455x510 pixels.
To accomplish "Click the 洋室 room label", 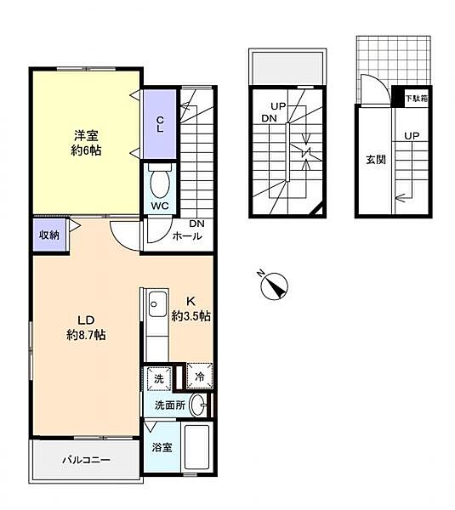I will pos(85,133).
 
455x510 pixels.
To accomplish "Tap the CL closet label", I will pos(160,123).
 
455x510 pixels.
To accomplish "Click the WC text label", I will pos(159,206).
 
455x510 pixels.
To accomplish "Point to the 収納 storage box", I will pos(48,233).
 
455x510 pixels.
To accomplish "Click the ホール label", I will pos(187,236).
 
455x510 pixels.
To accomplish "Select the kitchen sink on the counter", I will pos(156,302).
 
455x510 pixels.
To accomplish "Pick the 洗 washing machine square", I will pos(157,378).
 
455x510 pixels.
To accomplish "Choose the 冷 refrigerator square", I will pos(198,377).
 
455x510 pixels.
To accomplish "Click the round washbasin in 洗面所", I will pos(198,405).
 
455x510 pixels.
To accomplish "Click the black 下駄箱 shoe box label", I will pos(415,99).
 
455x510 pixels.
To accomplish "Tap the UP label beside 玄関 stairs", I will pos(411,135).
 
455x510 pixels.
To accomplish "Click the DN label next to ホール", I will pos(196,224).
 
